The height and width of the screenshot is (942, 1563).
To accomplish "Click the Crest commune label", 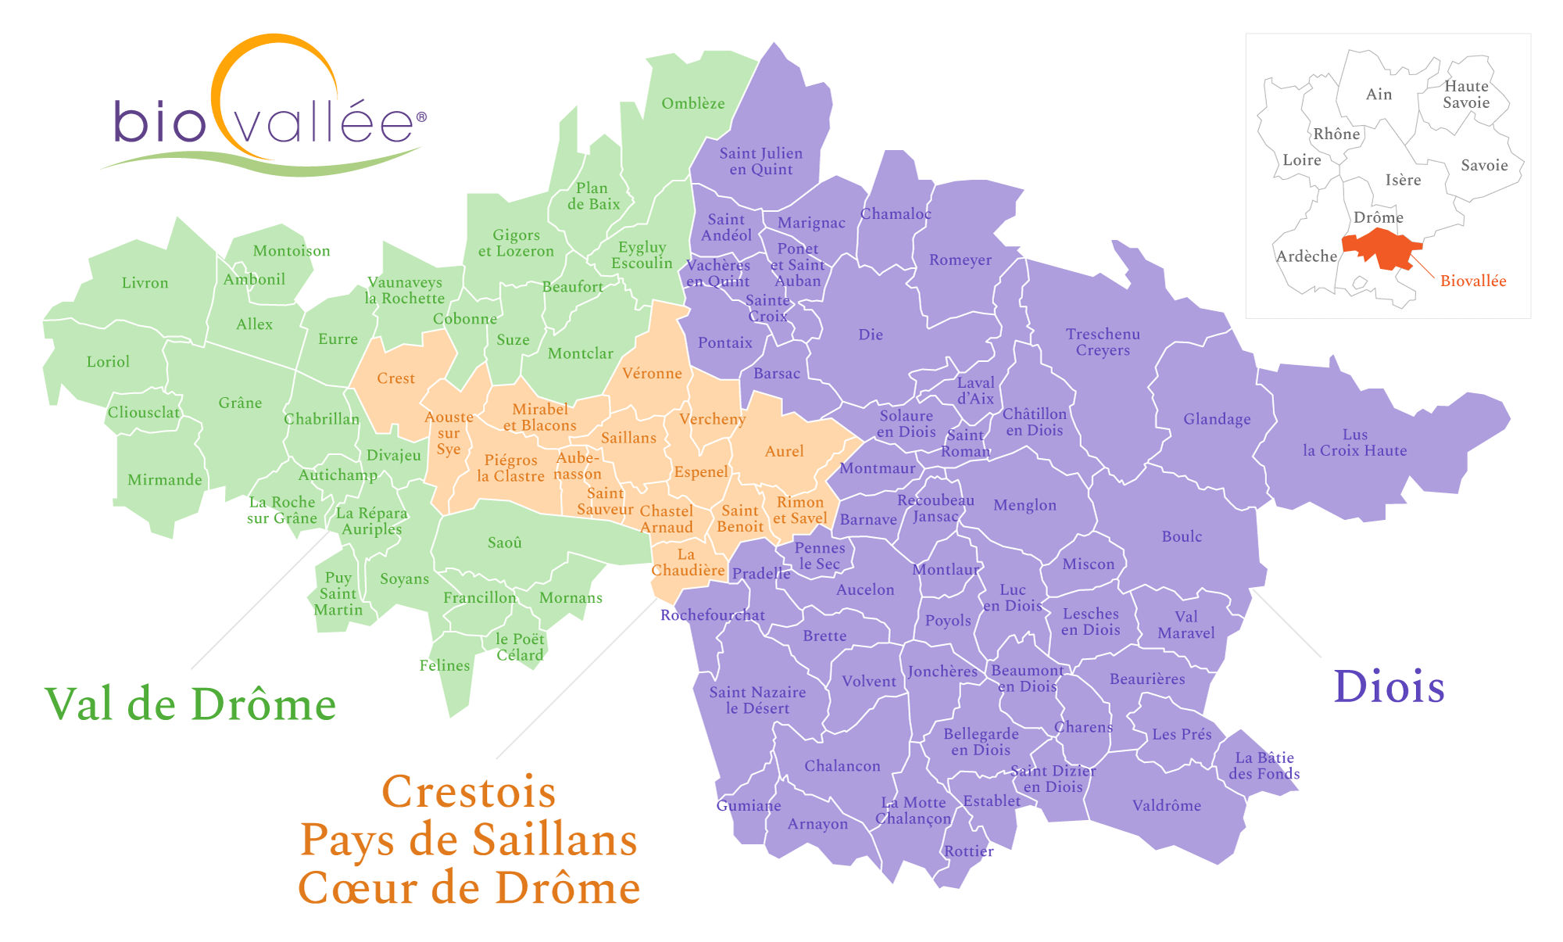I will coord(395,378).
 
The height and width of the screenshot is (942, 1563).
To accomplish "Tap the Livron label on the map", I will coord(145,283).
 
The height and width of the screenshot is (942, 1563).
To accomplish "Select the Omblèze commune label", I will coord(692,103).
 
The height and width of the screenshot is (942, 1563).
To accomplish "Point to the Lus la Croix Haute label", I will coord(1354,442).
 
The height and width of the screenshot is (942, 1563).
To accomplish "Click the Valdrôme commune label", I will coord(1166,805).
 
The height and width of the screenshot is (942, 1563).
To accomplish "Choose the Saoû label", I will coord(504,543).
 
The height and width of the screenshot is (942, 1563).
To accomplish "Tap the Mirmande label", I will coord(164,480).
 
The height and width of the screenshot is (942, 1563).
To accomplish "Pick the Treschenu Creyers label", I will coord(1103,342).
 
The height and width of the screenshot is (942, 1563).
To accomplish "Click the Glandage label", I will coord(1216,419).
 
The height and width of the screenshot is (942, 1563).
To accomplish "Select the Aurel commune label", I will coord(784,451).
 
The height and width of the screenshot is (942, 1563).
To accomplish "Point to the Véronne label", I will coord(652,374).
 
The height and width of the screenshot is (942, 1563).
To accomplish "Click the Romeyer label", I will coord(960,260).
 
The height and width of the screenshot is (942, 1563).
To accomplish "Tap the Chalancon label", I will coord(842,766).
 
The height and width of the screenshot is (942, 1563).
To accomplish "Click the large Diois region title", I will coord(1389,687).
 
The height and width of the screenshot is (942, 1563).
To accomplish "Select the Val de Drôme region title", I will coord(191,704).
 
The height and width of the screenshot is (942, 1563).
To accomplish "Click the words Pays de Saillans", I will coord(469,840).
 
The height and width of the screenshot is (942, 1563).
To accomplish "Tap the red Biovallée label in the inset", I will coord(1472,281).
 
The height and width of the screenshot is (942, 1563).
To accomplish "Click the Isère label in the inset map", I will coord(1403,181).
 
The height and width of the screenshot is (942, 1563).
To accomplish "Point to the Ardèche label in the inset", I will coord(1307,256).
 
